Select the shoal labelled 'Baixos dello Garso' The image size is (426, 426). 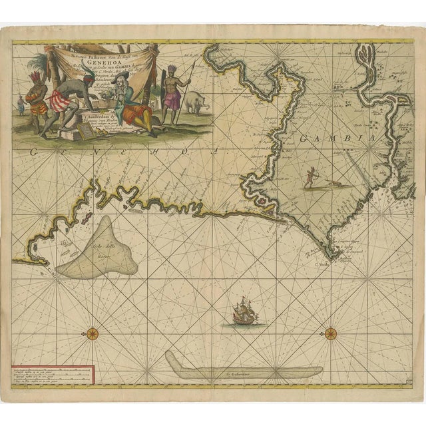[100, 250]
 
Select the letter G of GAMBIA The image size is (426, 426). [306, 138]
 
